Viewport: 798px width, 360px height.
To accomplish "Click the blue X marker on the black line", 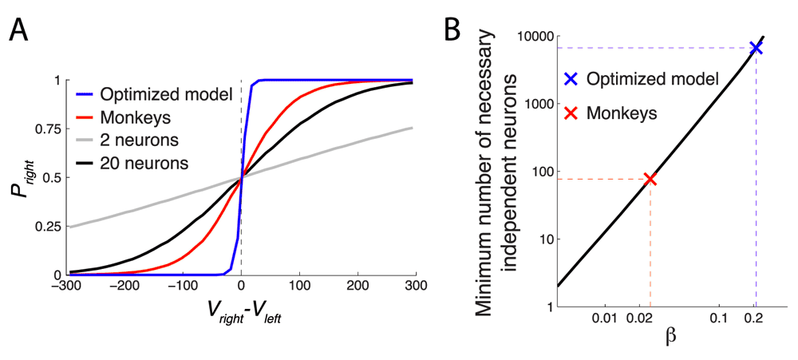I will [756, 48].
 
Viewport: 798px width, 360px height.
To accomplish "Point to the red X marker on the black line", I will [650, 179].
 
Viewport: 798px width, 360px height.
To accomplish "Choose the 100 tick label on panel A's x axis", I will [300, 285].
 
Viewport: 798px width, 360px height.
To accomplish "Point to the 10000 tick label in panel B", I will [532, 37].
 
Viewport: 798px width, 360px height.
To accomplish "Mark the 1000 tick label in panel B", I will [536, 104].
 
